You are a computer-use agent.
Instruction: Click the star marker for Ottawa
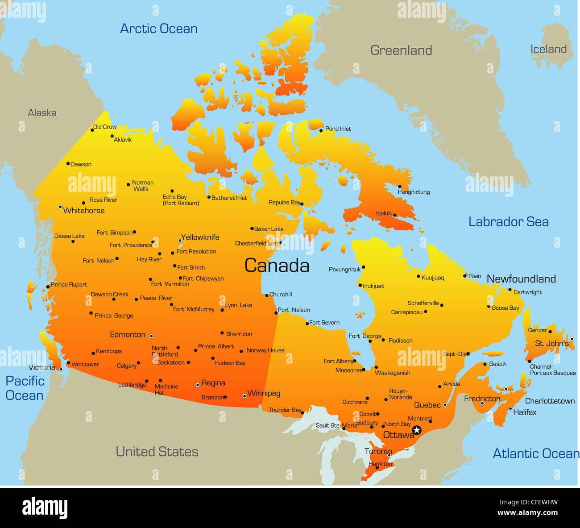pos(417,430)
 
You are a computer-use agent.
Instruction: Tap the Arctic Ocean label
pos(159,29)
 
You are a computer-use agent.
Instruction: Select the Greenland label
pos(401,50)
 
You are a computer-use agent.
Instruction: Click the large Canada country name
pos(277,266)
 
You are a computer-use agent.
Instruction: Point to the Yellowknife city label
pos(200,237)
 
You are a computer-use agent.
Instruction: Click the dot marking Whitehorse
pos(60,207)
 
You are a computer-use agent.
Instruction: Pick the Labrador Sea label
pos(508,222)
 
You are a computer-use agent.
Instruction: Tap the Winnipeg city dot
pos(244,396)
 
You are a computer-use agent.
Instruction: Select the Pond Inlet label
pos(338,129)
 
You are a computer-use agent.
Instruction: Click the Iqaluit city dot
pos(395,215)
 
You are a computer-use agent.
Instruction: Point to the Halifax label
pos(525,412)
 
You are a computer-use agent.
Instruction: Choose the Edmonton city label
pos(128,335)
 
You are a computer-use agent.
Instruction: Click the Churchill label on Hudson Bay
pos(281,295)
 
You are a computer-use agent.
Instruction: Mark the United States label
pos(157,452)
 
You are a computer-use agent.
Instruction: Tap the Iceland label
pos(548,50)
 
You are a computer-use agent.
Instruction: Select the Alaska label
pos(42,113)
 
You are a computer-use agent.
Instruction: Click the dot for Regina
pos(198,385)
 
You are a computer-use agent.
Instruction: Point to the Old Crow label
pos(105,127)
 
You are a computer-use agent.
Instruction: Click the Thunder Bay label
pos(285,410)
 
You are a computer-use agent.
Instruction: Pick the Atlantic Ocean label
pos(535,454)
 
